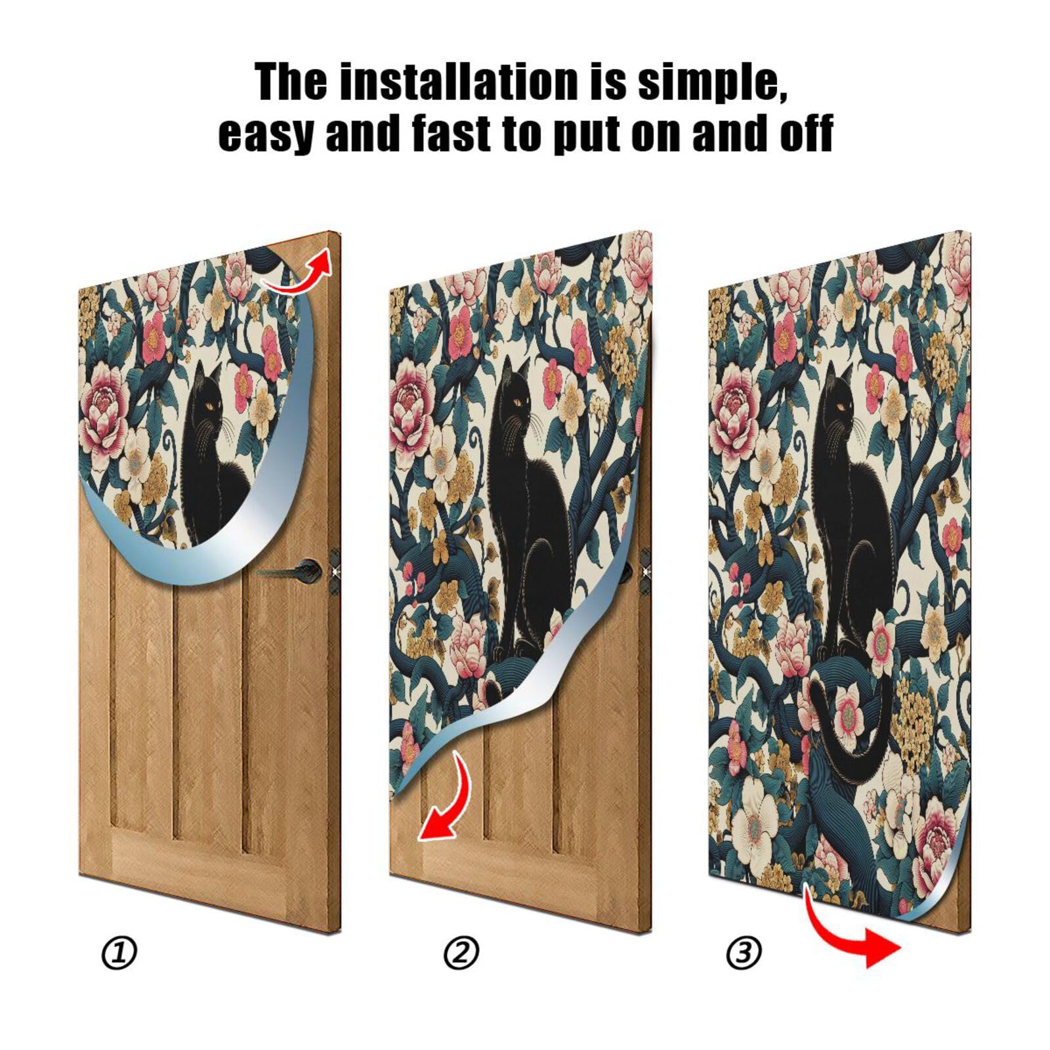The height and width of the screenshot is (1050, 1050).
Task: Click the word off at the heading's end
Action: (x=805, y=133)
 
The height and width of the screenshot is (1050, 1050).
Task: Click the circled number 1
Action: (x=119, y=953)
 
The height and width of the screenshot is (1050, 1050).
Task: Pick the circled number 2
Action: (x=461, y=953)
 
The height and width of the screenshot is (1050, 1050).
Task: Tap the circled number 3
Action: (x=744, y=953)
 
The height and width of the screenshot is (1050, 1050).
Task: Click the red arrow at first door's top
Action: (x=299, y=272)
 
